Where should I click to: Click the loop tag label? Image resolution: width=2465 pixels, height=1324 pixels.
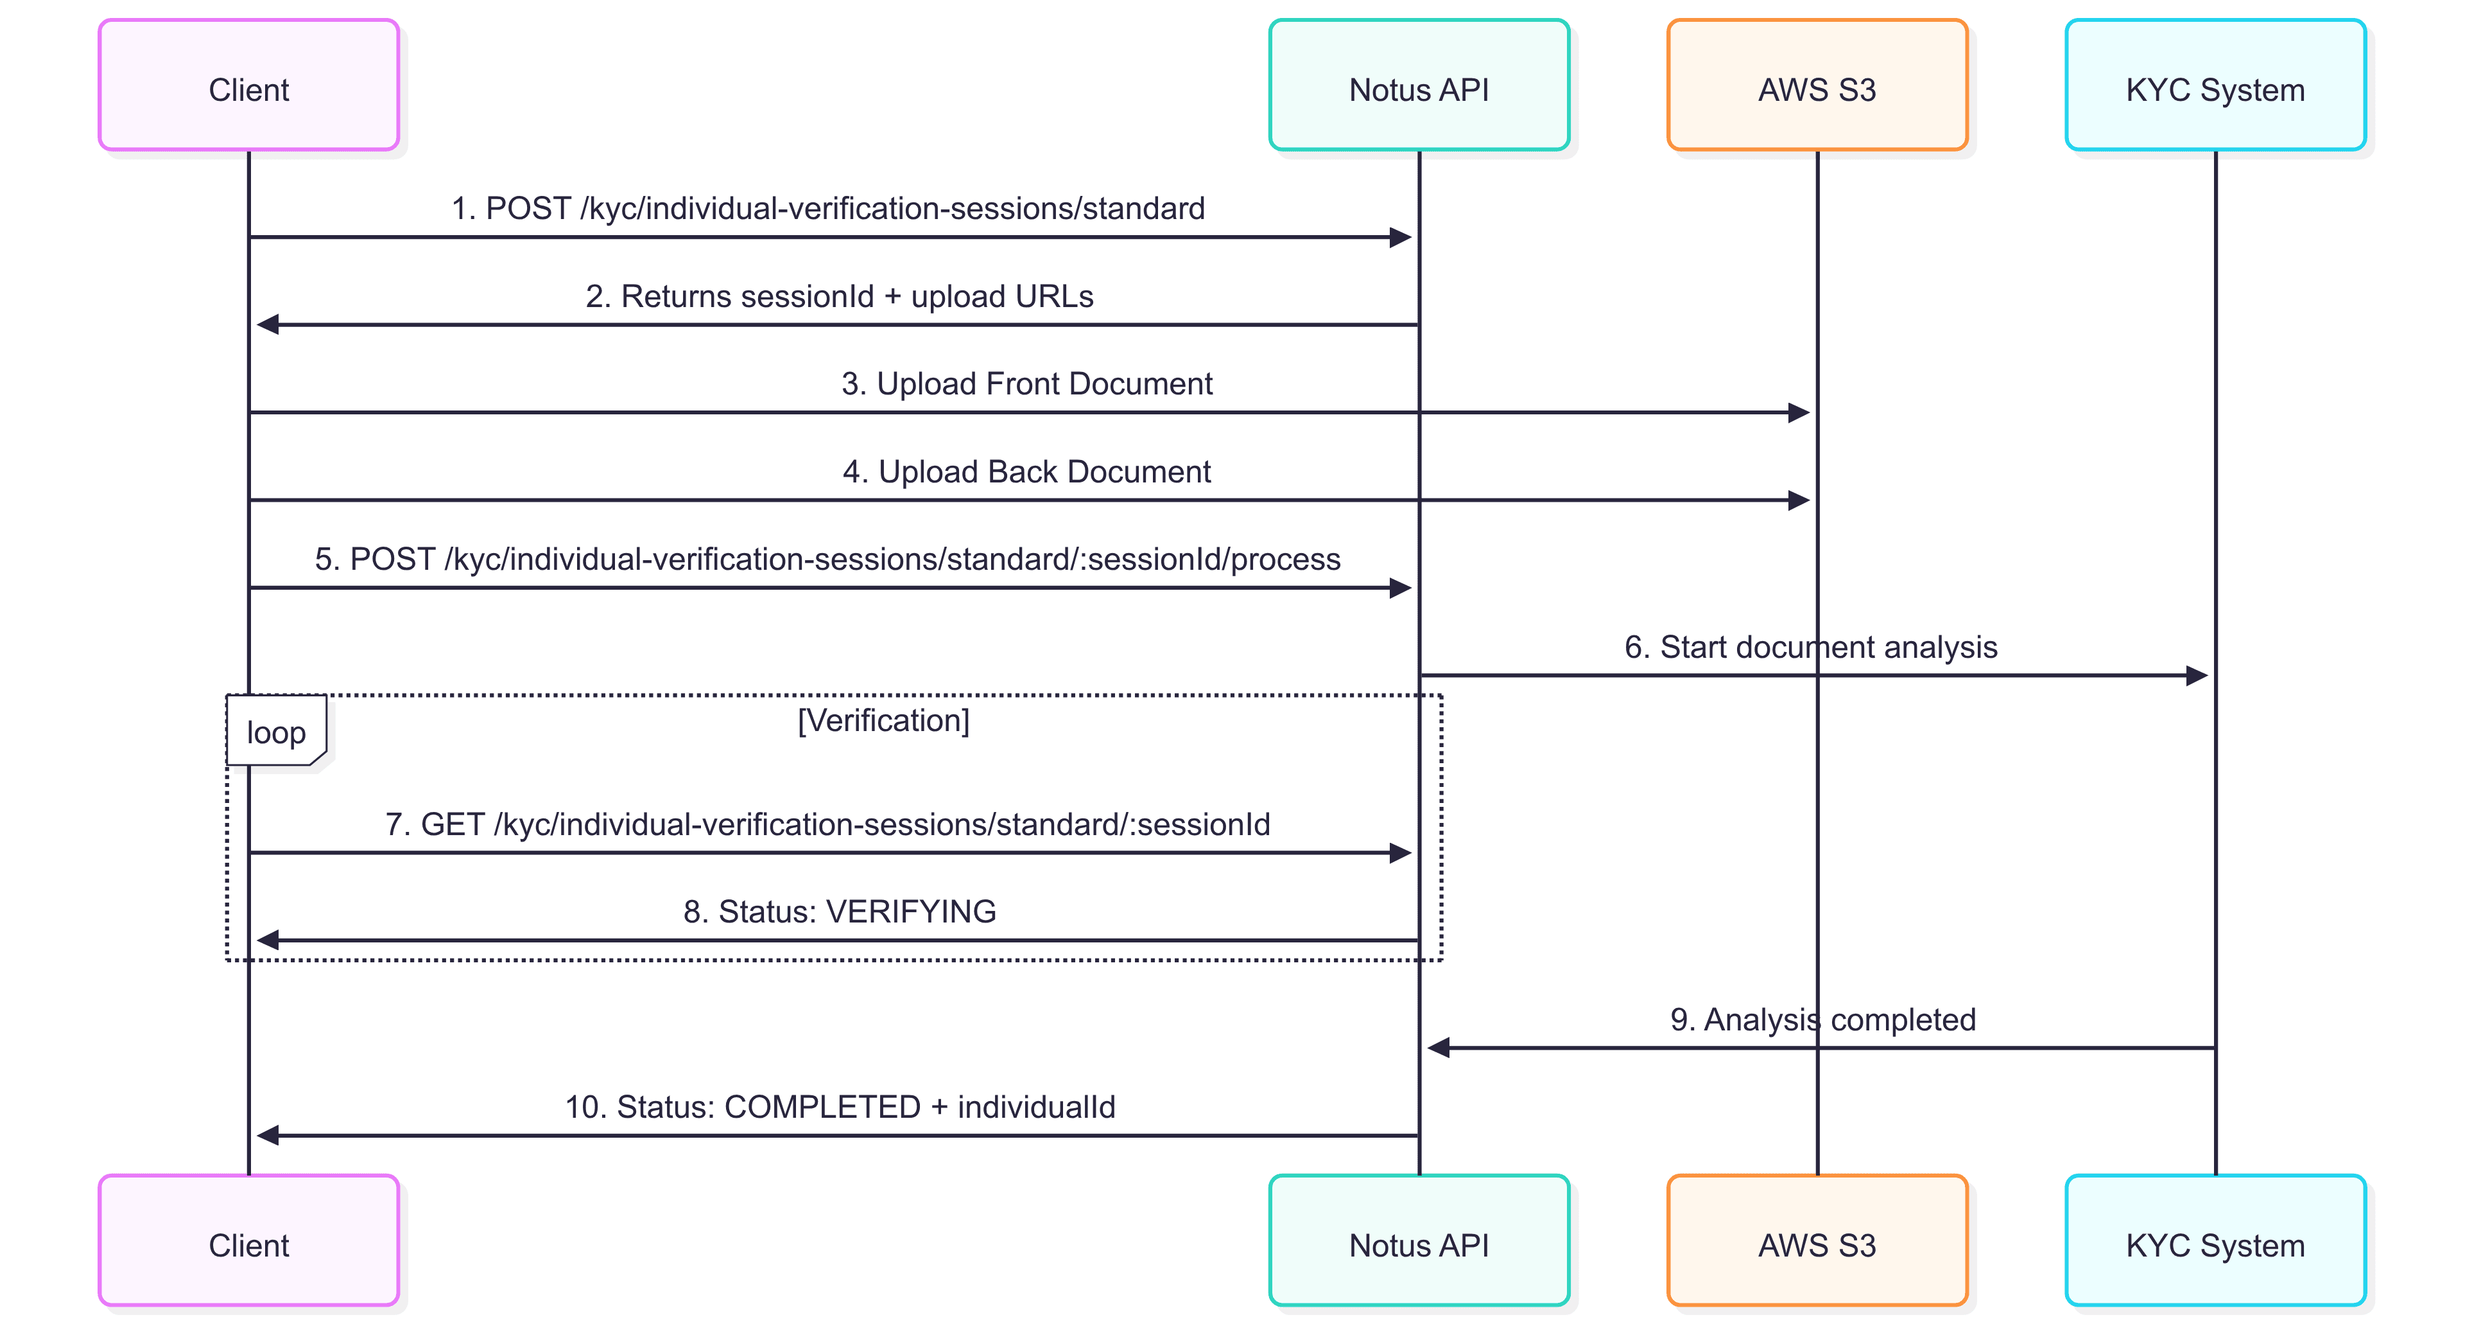275,732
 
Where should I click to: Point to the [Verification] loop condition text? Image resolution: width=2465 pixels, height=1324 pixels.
883,720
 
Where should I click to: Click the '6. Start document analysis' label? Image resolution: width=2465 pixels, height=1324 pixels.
1810,646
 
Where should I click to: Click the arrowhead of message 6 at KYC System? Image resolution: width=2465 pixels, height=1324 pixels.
2197,676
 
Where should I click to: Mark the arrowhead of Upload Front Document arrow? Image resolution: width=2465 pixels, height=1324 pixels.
1798,412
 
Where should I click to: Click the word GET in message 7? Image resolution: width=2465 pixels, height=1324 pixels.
452,824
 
